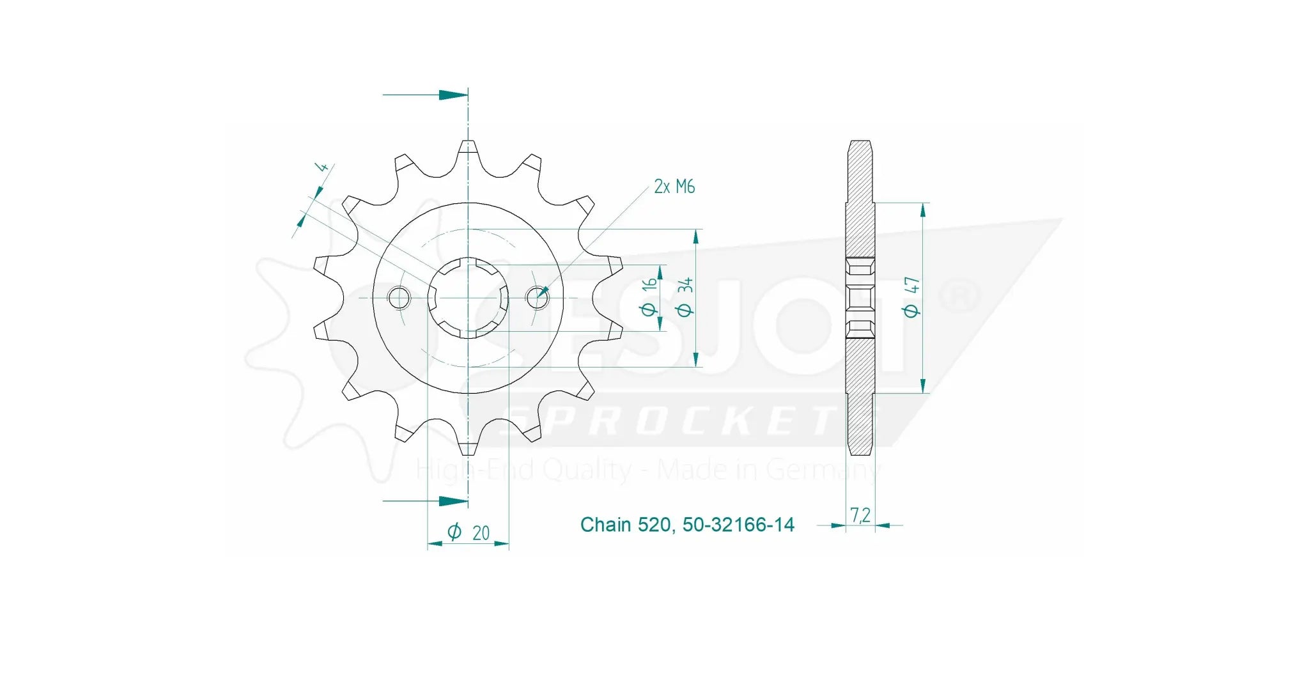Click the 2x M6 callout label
pos(674,187)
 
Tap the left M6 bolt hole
pos(399,297)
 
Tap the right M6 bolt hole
pos(537,297)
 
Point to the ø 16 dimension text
pos(649,297)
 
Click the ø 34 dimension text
pos(685,297)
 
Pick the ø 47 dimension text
pos(912,297)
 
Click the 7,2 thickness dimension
pos(860,515)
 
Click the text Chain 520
pos(624,525)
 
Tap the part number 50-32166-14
pos(738,525)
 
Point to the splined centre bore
pos(468,297)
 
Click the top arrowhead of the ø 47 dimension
pos(923,210)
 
